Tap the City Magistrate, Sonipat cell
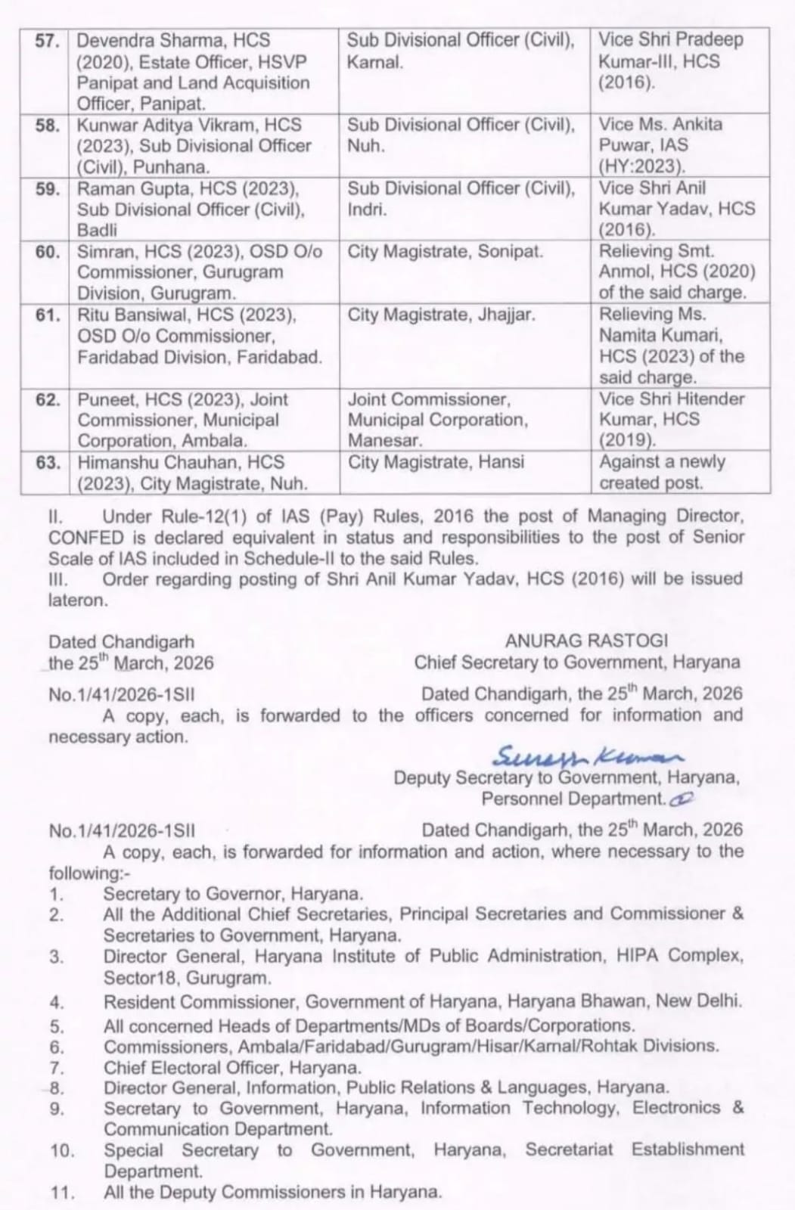click(445, 252)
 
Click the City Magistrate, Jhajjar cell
click(441, 315)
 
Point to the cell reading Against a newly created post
click(662, 472)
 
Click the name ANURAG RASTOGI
click(586, 641)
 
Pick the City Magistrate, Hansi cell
click(436, 462)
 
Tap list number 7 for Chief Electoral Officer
click(57, 1069)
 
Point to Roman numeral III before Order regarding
click(59, 579)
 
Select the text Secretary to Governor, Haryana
click(233, 894)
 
